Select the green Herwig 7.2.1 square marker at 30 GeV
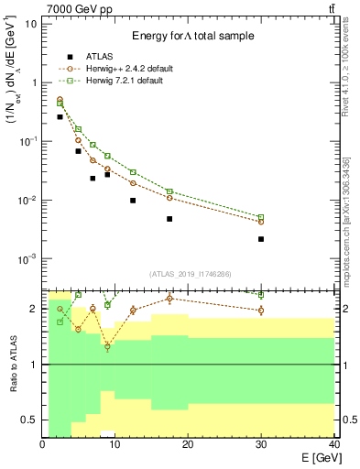(x=261, y=217)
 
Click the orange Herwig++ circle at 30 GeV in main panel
(x=261, y=222)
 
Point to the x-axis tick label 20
(x=188, y=444)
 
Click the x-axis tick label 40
(x=333, y=444)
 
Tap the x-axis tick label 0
(x=42, y=444)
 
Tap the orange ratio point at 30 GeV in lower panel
(x=261, y=311)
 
